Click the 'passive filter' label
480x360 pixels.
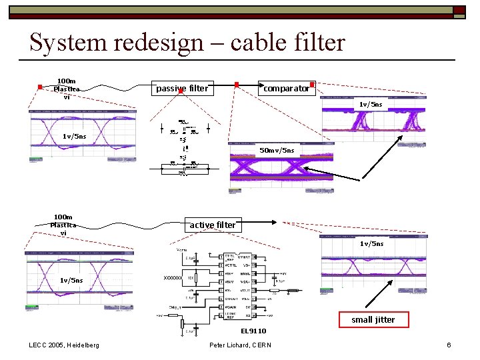181,88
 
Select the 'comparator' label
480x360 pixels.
286,88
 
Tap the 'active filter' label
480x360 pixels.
212,225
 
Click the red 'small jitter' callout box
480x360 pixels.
373,319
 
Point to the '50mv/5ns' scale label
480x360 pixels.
277,150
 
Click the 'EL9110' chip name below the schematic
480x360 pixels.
253,331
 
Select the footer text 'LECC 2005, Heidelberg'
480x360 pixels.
64,345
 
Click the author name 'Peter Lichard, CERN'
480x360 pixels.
240,345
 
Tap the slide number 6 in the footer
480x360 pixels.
449,345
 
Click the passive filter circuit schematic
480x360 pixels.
183,150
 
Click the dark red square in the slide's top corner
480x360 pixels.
459,10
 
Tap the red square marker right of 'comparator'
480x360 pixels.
312,84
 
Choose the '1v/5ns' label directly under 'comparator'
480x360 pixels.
371,105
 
